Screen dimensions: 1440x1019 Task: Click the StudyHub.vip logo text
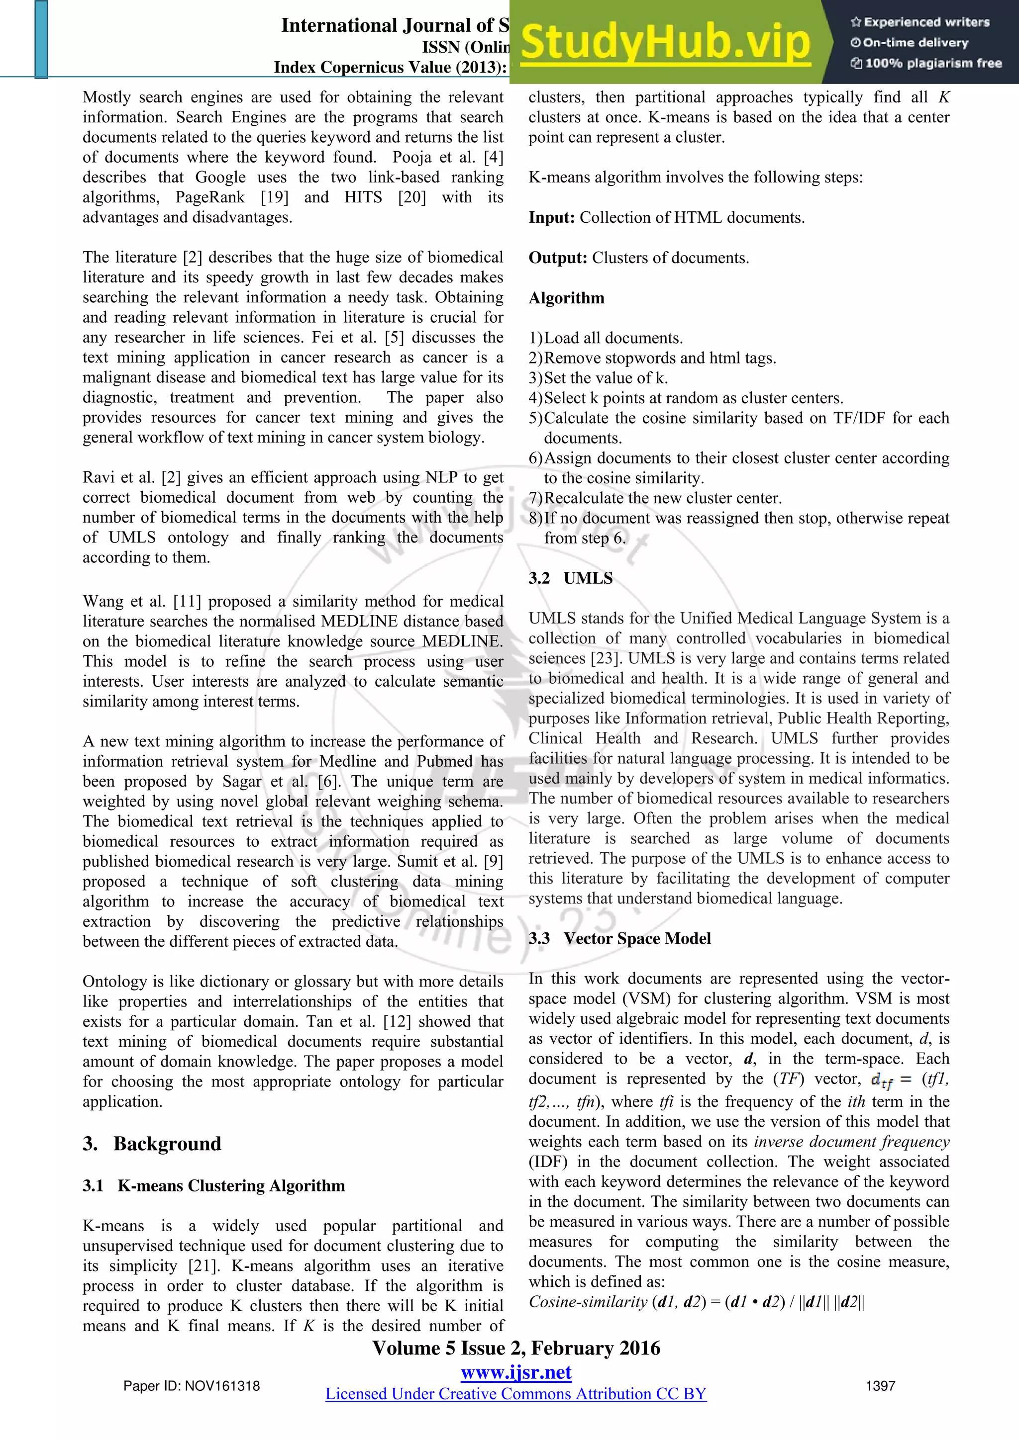(x=665, y=43)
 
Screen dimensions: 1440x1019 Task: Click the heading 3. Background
(x=152, y=1143)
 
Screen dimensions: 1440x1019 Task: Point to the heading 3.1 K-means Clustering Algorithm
(x=213, y=1185)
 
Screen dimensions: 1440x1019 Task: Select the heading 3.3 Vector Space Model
(x=619, y=938)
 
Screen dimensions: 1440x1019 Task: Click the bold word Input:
(x=551, y=218)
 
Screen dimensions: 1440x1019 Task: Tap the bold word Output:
(x=557, y=258)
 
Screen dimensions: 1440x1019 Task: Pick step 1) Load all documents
(x=606, y=338)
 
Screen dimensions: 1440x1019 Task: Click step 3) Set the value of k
(x=598, y=378)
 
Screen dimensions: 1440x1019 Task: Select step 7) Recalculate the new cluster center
(x=655, y=498)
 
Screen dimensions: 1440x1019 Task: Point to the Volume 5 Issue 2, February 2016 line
(x=516, y=1348)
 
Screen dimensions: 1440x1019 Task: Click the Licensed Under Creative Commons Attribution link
(x=516, y=1394)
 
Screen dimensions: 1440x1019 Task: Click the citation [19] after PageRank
(x=275, y=197)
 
